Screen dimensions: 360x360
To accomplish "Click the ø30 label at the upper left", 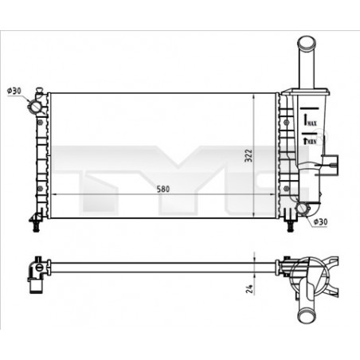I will click(x=14, y=91).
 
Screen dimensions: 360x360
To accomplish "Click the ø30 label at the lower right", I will click(x=319, y=222).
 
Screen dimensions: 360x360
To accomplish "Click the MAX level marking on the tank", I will click(x=311, y=119).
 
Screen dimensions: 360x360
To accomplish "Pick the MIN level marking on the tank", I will click(x=311, y=140).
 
